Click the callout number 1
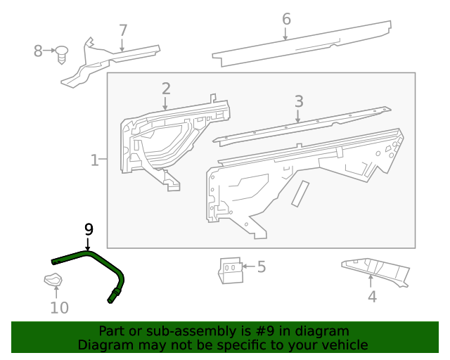point(95,160)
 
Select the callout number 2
point(166,89)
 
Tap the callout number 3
point(299,101)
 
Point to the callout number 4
point(372,297)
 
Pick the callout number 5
point(261,266)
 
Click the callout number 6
point(286,19)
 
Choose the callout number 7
point(123,30)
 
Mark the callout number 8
point(39,51)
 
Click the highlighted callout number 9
point(89,229)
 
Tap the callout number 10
point(60,307)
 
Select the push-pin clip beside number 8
point(63,53)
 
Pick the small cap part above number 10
point(53,281)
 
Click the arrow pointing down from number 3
point(299,116)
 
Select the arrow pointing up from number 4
point(371,282)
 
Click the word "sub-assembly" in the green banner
point(181,331)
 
